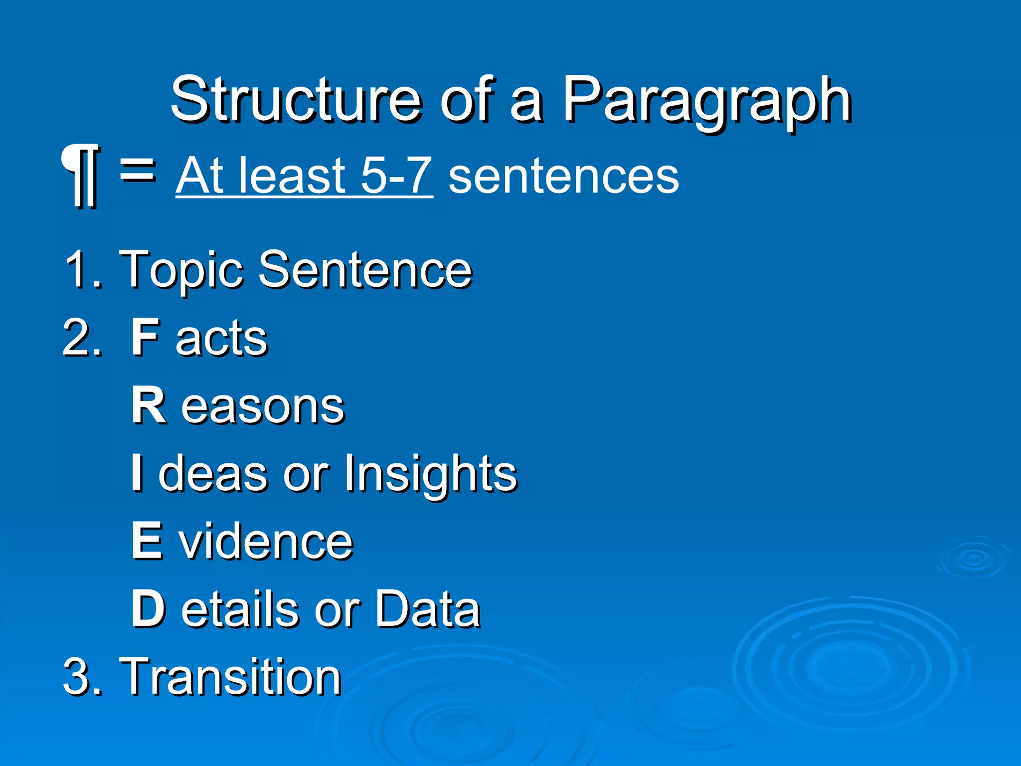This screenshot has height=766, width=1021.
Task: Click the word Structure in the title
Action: click(x=296, y=100)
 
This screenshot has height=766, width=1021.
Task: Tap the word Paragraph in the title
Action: click(x=706, y=102)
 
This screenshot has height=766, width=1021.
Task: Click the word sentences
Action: click(x=563, y=177)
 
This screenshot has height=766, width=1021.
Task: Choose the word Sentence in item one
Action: click(x=365, y=270)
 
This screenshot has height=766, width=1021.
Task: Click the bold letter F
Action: click(x=145, y=338)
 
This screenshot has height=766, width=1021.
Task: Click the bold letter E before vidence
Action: click(x=147, y=541)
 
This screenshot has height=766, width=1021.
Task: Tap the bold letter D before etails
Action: click(x=148, y=608)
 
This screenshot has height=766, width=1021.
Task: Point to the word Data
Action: click(x=427, y=608)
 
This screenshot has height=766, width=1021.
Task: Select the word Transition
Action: click(x=230, y=676)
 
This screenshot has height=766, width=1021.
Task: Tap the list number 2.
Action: click(x=76, y=339)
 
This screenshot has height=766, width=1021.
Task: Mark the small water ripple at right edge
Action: click(x=973, y=559)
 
